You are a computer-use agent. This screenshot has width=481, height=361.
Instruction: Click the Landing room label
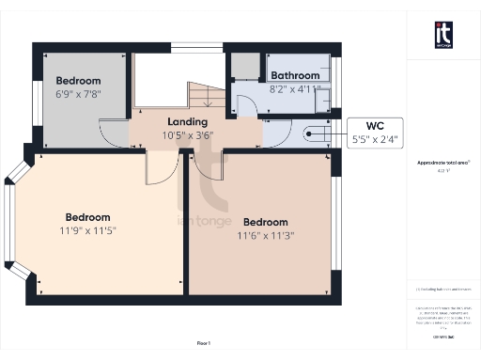click(188, 122)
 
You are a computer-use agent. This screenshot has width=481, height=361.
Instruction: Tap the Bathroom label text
click(294, 75)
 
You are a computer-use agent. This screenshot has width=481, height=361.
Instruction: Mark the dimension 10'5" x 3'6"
click(188, 134)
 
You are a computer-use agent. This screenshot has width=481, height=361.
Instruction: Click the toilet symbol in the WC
click(312, 135)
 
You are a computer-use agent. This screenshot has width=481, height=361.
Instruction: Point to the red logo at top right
click(443, 35)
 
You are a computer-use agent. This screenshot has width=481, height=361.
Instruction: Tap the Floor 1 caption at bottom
click(203, 342)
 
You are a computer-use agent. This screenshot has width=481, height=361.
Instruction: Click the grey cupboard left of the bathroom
click(246, 67)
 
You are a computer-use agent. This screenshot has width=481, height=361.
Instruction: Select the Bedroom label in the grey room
click(78, 81)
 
